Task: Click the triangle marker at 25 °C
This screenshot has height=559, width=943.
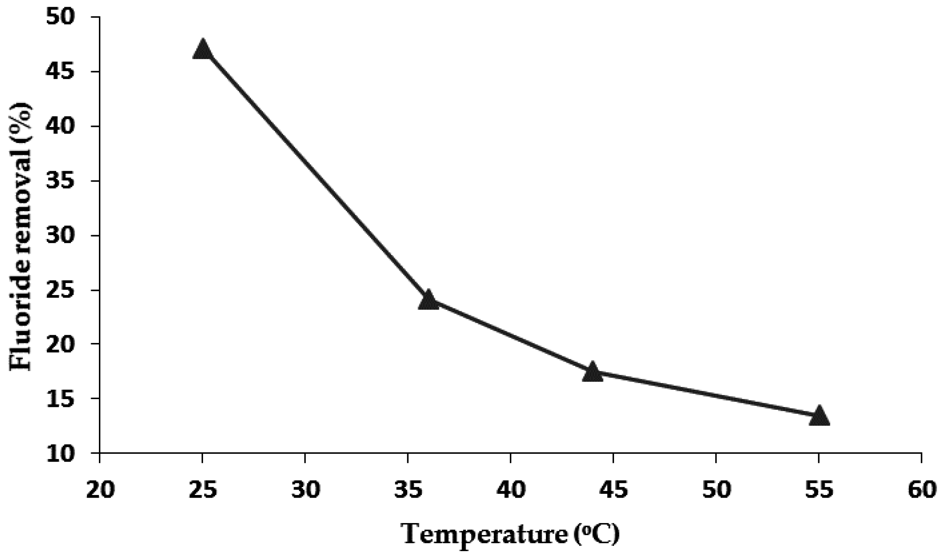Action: click(x=202, y=50)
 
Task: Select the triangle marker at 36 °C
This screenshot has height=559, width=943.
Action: click(x=429, y=300)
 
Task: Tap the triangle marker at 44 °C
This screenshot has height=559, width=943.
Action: click(x=592, y=373)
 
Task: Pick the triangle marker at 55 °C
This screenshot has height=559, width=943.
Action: click(x=819, y=416)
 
